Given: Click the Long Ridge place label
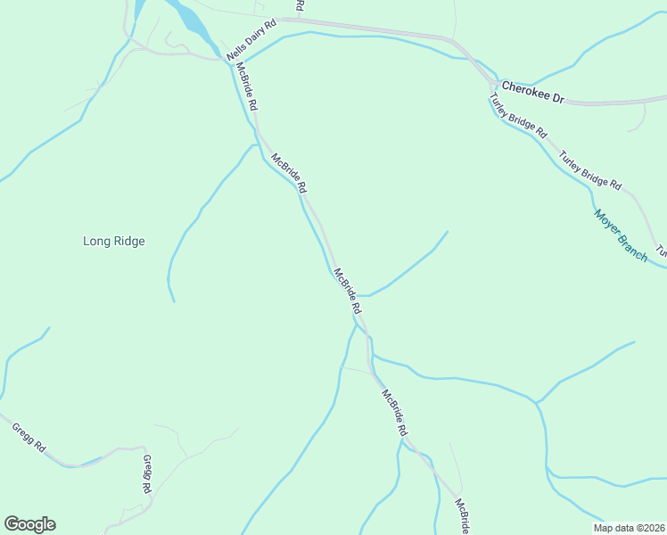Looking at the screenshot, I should click(113, 241).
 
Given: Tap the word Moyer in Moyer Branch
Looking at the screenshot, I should click(611, 224).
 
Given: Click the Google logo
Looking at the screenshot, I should click(29, 524).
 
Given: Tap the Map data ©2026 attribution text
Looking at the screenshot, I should click(629, 527).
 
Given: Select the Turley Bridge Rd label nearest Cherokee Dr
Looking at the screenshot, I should click(518, 116).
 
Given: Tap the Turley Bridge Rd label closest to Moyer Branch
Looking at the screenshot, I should click(589, 170).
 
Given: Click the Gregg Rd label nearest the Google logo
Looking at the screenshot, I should click(29, 438).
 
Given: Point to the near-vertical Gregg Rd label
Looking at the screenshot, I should click(147, 474).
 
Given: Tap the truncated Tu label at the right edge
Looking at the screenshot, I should click(661, 252).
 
